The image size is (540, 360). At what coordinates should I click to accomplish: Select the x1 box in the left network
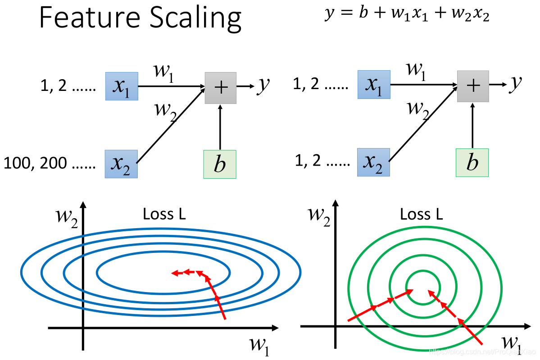(x=121, y=86)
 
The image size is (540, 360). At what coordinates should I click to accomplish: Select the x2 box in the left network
(x=121, y=164)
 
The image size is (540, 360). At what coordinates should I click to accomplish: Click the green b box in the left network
(x=220, y=165)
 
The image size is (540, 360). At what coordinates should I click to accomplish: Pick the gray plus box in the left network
(x=221, y=88)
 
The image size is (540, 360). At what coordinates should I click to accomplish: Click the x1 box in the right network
(x=374, y=85)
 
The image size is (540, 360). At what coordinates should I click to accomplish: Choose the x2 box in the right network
(x=373, y=162)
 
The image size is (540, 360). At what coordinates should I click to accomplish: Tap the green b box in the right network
(x=472, y=162)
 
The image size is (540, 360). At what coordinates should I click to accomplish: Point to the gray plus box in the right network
(x=473, y=86)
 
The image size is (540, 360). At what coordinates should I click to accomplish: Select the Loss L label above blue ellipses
(x=164, y=214)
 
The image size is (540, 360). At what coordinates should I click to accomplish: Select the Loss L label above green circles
(x=422, y=214)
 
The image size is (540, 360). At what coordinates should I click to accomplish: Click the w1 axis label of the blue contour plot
(x=259, y=346)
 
